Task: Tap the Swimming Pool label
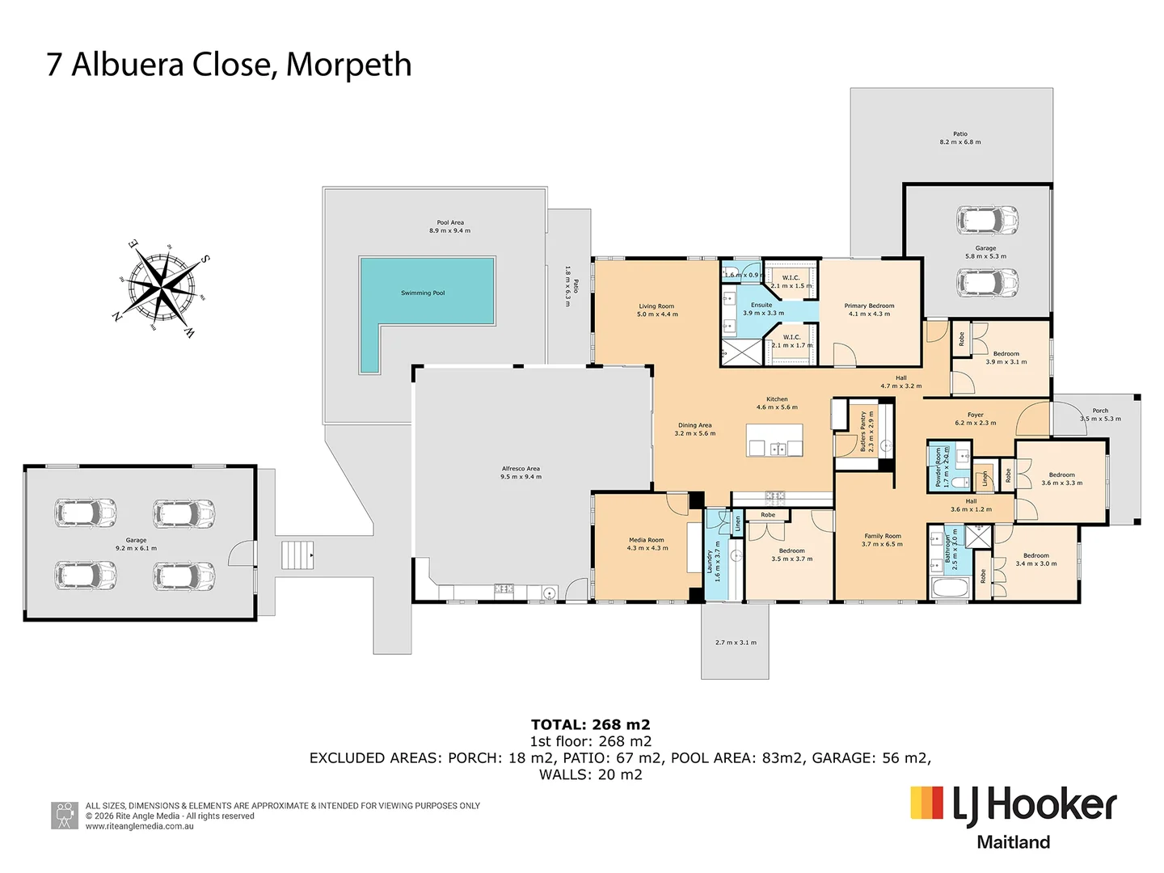coord(423,293)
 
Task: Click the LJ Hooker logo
coord(1014,816)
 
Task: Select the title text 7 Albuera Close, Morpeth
coord(229,65)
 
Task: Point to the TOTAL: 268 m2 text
coord(590,724)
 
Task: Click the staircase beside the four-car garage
coord(297,555)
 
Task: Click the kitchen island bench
coord(775,441)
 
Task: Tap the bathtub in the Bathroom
coord(949,588)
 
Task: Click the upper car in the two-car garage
coord(987,219)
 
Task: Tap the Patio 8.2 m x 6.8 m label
coord(959,137)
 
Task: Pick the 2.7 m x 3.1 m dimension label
coord(736,643)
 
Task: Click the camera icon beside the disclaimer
coord(65,816)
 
